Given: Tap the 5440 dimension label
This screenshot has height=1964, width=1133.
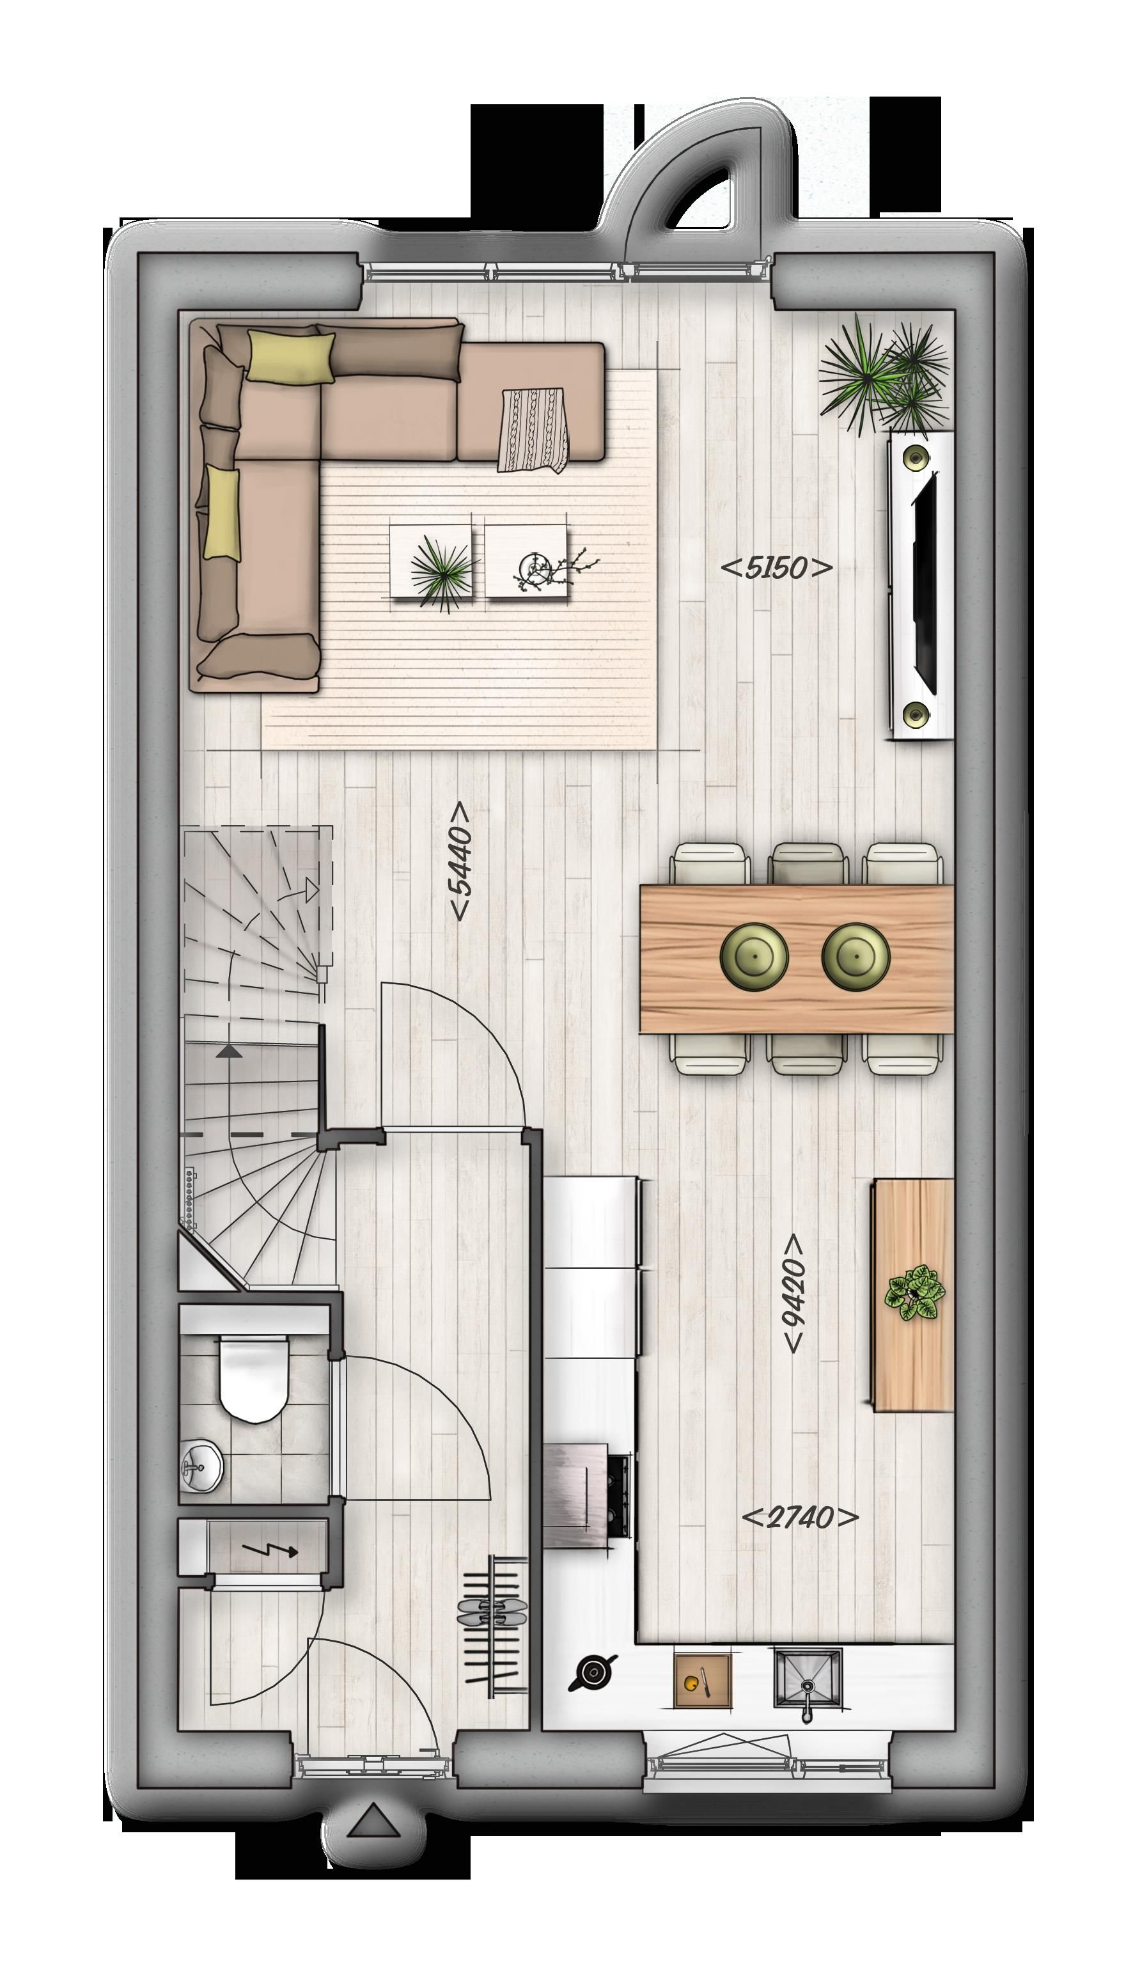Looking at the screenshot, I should coord(460,861).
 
